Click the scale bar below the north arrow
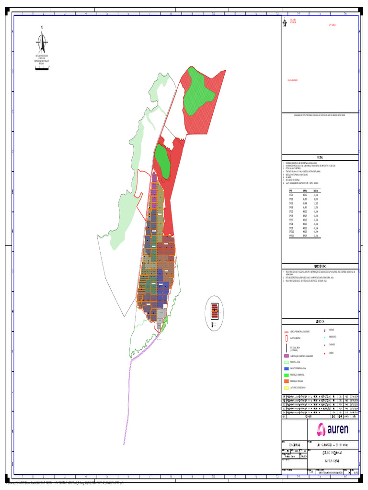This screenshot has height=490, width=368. tap(42, 69)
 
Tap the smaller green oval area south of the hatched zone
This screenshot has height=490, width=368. tap(162, 161)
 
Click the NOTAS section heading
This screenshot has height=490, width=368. tap(320, 158)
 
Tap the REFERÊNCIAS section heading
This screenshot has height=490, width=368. tap(320, 266)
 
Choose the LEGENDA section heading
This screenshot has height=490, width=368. tap(320, 321)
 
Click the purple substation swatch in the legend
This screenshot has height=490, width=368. tap(286, 356)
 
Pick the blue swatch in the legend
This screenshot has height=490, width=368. tap(286, 368)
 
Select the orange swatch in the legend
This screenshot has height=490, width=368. tap(286, 381)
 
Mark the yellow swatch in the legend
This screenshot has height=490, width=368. tap(286, 387)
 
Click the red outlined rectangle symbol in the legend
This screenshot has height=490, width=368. tap(286, 338)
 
